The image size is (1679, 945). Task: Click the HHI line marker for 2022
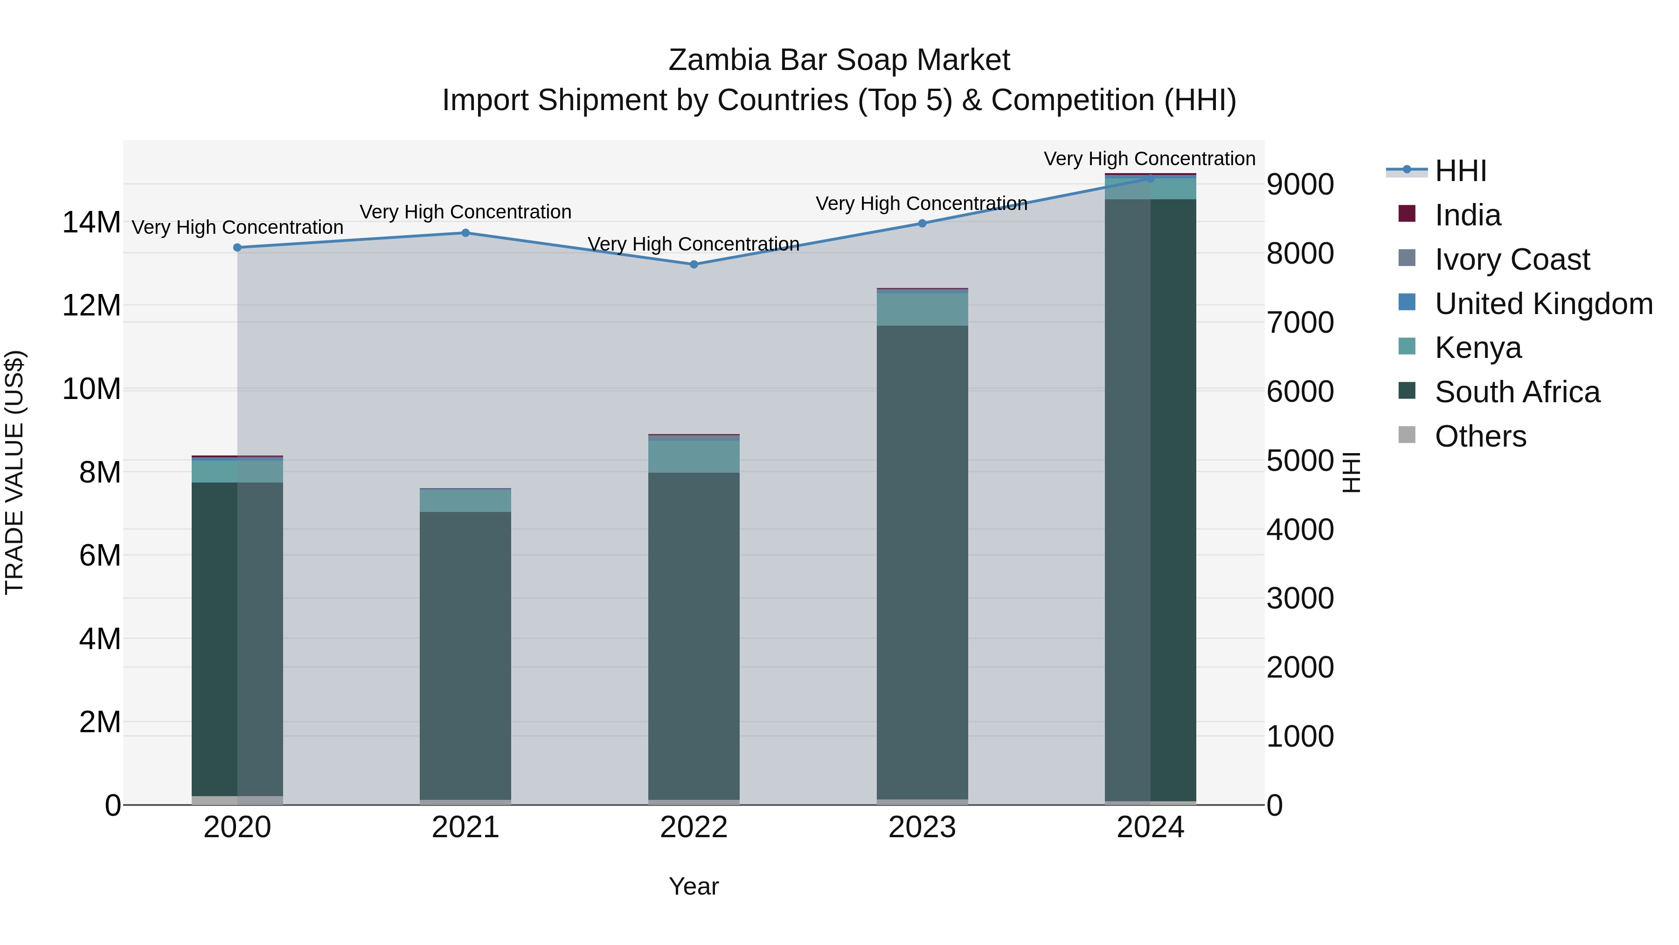[694, 264]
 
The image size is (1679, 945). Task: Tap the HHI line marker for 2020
[237, 247]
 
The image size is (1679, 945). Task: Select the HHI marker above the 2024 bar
[1151, 178]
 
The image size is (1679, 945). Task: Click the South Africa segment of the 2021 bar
[465, 652]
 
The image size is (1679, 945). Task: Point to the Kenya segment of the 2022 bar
[694, 456]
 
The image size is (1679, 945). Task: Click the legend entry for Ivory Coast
[1512, 259]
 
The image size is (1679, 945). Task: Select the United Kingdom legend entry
[1543, 304]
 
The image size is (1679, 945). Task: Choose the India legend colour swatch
[1407, 214]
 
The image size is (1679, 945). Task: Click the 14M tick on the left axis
[91, 223]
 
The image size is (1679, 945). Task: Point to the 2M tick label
[100, 722]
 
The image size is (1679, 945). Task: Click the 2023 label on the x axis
[922, 827]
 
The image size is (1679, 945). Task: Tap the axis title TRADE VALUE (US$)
[14, 472]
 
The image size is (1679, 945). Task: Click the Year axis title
[694, 886]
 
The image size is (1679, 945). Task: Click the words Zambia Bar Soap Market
[839, 60]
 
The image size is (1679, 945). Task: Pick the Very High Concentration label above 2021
[465, 212]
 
